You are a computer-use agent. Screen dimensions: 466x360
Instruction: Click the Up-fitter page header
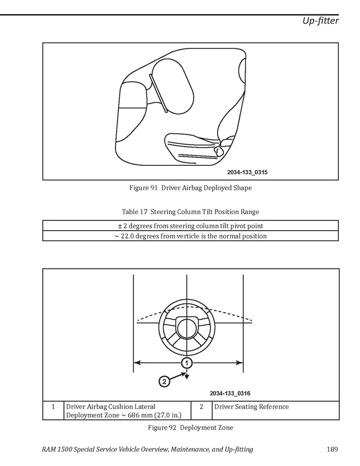pos(321,21)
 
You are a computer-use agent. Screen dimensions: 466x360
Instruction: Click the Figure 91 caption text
pos(190,188)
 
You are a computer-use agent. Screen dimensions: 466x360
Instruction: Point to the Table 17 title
pos(190,212)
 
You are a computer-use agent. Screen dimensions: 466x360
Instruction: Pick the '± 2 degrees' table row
pos(190,225)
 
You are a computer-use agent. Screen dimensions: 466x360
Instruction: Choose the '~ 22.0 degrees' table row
pos(190,236)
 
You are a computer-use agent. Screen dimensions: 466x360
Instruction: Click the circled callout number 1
pos(187,362)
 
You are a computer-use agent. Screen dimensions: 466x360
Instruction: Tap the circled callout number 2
pos(164,382)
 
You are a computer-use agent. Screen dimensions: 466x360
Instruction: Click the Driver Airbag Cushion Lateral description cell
pos(127,411)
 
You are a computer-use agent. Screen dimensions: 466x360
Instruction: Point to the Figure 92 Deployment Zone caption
pos(190,428)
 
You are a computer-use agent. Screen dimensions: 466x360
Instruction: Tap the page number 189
pos(333,449)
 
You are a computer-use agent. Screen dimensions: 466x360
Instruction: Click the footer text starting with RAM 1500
pos(148,449)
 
